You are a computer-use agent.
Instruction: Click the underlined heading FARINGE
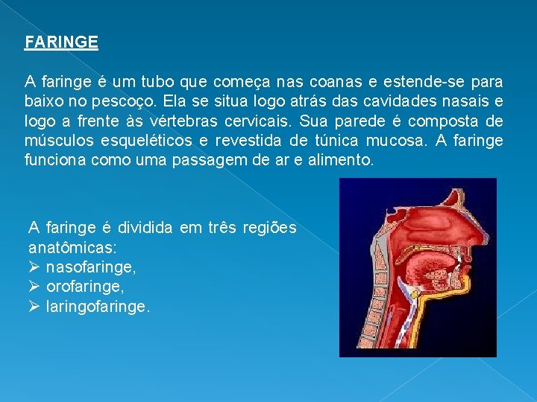(61, 42)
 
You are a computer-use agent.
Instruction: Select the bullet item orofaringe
(85, 285)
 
